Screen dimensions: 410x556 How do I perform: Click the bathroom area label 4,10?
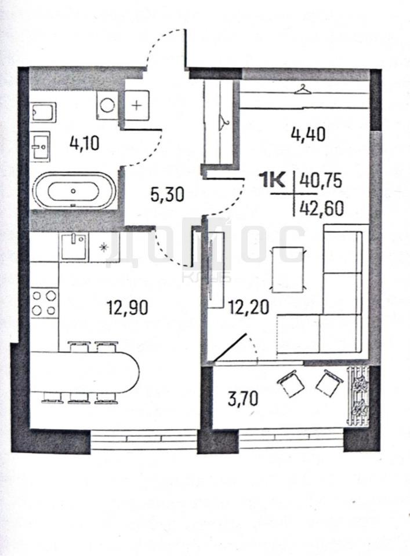tap(85, 144)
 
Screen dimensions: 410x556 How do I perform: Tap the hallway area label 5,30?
tap(167, 195)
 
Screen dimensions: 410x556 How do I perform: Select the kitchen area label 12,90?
tap(128, 308)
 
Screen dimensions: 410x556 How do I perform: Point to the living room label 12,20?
tap(249, 307)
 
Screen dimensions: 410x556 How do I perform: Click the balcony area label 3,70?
tap(243, 399)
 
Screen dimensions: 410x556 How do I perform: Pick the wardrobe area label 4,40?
tap(308, 134)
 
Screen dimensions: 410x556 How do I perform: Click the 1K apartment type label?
tap(274, 181)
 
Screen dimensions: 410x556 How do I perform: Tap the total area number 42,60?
tap(322, 209)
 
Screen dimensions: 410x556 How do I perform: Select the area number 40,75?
tap(321, 181)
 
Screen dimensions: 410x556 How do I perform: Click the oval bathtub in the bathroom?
tap(74, 191)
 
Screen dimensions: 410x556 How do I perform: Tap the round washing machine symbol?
tap(107, 105)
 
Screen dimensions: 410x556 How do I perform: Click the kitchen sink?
tap(74, 247)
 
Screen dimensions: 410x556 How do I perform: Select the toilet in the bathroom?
tap(43, 113)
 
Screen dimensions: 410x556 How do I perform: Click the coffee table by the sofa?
tap(288, 269)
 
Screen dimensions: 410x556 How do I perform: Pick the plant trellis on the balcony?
tap(358, 396)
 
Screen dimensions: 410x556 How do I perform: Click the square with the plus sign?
tap(137, 105)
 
